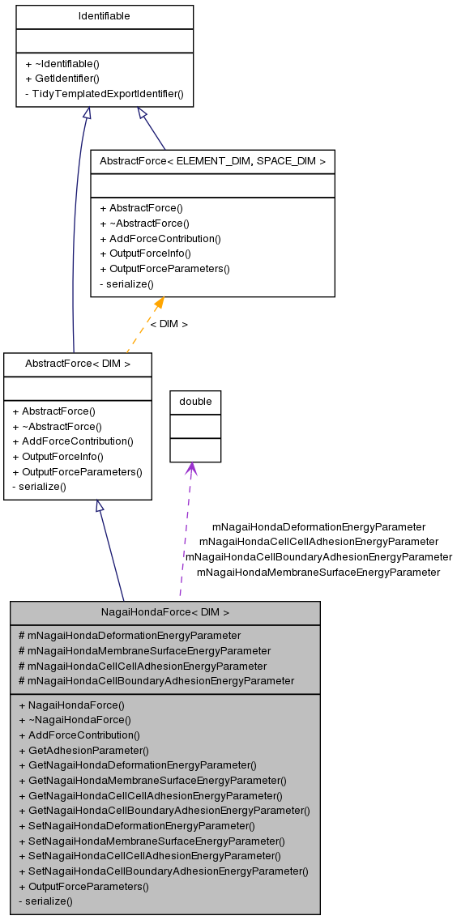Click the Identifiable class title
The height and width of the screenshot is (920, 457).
[x=104, y=16]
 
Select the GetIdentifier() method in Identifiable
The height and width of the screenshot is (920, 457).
[x=62, y=79]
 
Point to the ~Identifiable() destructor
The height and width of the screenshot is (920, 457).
[x=62, y=63]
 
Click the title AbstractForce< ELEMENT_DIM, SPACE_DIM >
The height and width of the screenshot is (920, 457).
[x=212, y=161]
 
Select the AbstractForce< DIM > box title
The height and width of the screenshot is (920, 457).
[x=77, y=364]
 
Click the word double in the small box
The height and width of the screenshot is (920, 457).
[x=195, y=402]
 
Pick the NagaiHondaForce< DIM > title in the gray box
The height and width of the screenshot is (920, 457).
[x=164, y=612]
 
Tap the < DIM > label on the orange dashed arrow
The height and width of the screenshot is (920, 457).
[x=169, y=324]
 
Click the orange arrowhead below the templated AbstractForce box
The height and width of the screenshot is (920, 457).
[x=159, y=304]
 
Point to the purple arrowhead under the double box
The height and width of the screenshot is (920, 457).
[x=191, y=469]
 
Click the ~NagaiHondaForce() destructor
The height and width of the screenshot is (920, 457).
[x=75, y=719]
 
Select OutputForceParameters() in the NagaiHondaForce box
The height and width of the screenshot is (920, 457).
[x=83, y=886]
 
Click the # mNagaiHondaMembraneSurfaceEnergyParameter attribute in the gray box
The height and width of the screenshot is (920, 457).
[x=144, y=650]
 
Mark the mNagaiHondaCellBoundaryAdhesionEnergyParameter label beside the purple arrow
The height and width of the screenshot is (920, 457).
[x=318, y=556]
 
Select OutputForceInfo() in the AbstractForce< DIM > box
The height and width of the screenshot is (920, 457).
[x=58, y=457]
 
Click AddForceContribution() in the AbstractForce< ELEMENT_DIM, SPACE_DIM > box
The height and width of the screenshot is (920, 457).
[x=160, y=238]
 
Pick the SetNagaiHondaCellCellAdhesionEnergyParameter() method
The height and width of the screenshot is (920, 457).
[x=150, y=855]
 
